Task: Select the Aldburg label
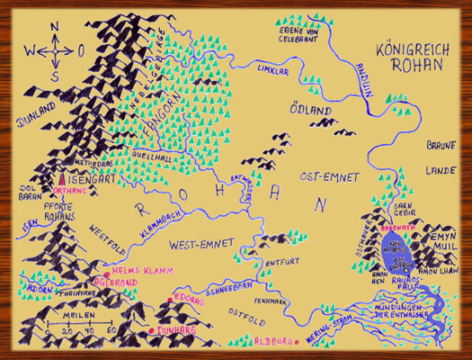click(x=268, y=341)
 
